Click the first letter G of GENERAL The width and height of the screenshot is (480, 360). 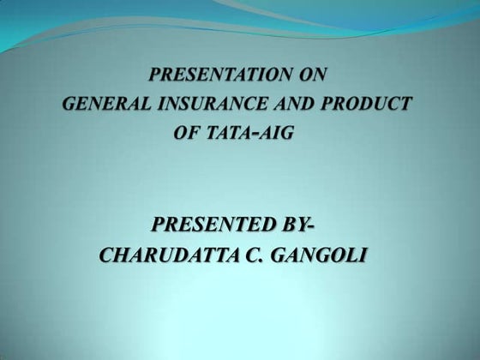click(x=71, y=105)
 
